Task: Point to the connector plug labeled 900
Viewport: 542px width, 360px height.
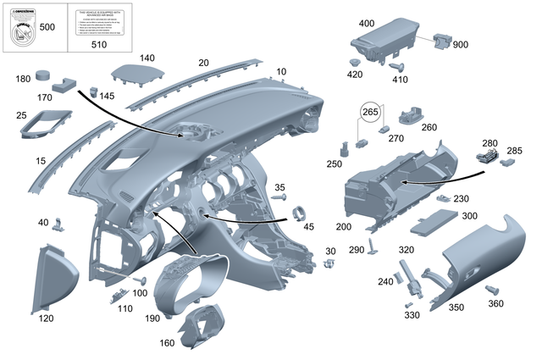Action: click(x=441, y=40)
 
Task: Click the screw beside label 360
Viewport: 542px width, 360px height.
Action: click(x=490, y=291)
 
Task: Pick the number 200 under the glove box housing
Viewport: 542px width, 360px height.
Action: click(x=344, y=228)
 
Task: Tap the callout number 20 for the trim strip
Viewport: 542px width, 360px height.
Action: click(x=203, y=63)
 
